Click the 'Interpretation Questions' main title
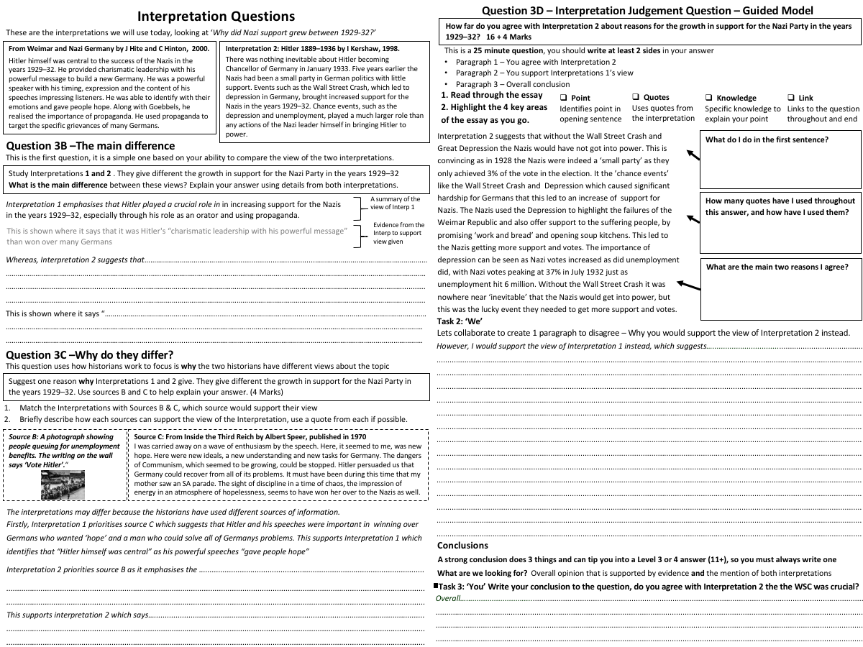[216, 16]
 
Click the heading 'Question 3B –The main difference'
[90, 146]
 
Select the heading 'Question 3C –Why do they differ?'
[89, 354]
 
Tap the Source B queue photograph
[63, 485]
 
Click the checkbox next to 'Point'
[564, 98]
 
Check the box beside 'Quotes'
[636, 97]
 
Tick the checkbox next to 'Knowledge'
[709, 98]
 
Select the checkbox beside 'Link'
[791, 98]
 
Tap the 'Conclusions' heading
[462, 545]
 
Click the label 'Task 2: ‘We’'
[460, 321]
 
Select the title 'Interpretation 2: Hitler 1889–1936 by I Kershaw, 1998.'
[313, 48]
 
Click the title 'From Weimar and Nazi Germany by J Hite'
[109, 47]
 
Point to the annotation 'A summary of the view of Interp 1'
[396, 203]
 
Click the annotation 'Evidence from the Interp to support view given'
[398, 233]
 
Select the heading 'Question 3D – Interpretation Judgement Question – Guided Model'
[647, 11]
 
